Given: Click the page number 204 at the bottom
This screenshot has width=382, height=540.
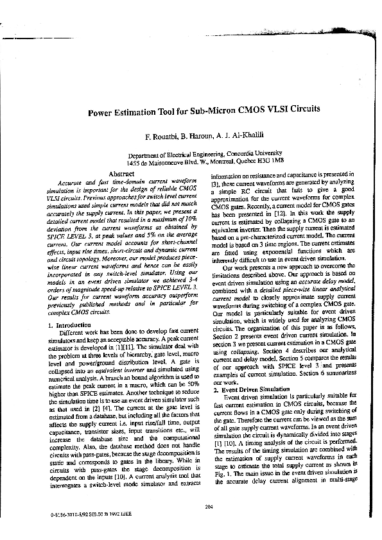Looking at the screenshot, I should [x=207, y=507].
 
